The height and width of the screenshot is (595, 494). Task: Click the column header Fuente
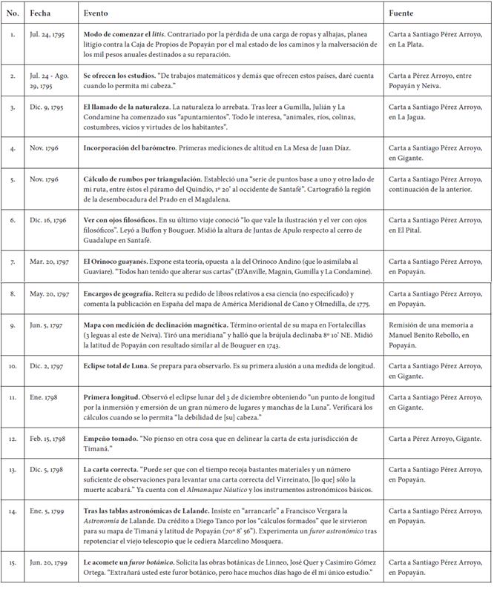[x=401, y=13]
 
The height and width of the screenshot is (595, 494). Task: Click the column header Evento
[x=96, y=13]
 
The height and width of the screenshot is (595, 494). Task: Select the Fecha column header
[x=40, y=13]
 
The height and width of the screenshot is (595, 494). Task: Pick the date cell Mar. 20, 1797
[x=49, y=262]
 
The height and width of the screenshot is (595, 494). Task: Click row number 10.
[x=12, y=366]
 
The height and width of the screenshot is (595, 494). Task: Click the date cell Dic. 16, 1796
[x=49, y=220]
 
